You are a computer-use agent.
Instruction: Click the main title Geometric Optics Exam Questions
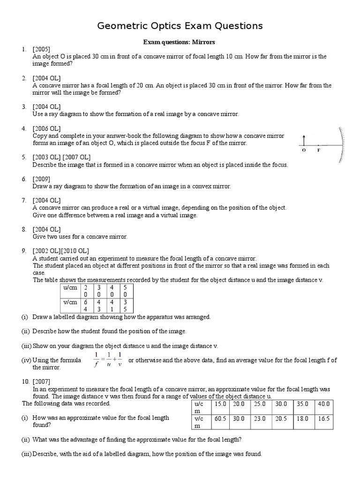click(180, 26)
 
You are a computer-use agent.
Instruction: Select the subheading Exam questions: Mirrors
click(179, 42)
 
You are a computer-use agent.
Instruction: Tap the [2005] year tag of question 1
click(41, 49)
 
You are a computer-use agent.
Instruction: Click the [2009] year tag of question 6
click(41, 179)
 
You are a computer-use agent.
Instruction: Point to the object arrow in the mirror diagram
click(304, 139)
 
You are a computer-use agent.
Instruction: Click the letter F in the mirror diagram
click(319, 150)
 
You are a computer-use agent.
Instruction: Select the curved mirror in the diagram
click(343, 145)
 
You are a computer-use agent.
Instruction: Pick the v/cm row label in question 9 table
click(67, 302)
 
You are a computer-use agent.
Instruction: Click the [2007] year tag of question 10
click(43, 381)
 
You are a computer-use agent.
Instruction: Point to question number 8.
click(24, 229)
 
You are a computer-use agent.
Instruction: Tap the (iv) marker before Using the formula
click(26, 360)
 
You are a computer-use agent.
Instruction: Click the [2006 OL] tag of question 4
click(46, 128)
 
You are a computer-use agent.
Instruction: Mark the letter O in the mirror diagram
click(304, 150)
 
